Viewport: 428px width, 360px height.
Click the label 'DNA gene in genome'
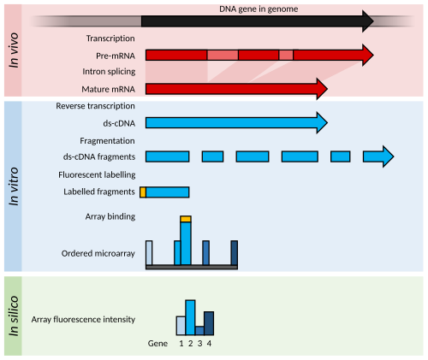(x=259, y=9)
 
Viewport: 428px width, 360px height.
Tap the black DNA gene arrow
(x=258, y=21)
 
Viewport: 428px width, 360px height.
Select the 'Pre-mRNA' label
(x=116, y=56)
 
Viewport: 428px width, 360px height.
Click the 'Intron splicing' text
(x=109, y=72)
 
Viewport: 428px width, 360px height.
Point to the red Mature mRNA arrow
(x=236, y=89)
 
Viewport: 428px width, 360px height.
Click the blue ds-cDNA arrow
(x=236, y=123)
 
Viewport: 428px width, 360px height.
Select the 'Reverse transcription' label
(x=95, y=106)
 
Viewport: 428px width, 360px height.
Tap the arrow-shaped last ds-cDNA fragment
(x=378, y=156)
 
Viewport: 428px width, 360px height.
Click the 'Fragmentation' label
(x=107, y=141)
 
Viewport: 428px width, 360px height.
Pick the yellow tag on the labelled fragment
(x=143, y=192)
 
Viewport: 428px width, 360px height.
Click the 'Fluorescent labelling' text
(x=97, y=174)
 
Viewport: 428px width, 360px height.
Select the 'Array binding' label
(x=110, y=216)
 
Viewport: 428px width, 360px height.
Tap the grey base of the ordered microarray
(x=192, y=267)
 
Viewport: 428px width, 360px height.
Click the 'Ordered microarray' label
(x=98, y=253)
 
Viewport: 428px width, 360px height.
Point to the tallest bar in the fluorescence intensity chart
(x=190, y=317)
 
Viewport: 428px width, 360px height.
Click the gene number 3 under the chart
(x=200, y=344)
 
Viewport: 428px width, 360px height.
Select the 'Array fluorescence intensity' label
(x=83, y=320)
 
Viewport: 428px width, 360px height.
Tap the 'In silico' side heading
(x=14, y=316)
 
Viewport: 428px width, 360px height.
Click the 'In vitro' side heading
(x=14, y=186)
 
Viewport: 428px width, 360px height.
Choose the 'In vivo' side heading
(x=14, y=50)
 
